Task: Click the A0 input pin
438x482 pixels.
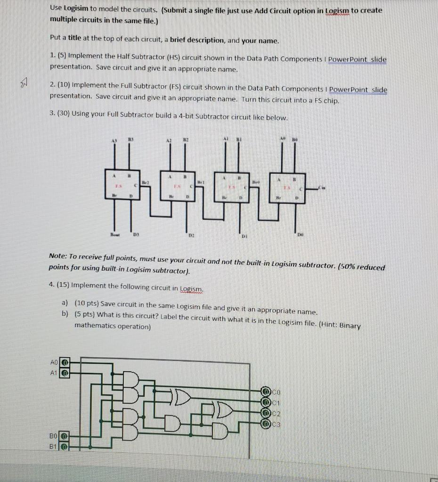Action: [65, 362]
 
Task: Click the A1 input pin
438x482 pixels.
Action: [65, 372]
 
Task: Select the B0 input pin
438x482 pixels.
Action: [65, 436]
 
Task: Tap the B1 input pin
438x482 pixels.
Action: [65, 446]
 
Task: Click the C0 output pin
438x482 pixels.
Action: [267, 391]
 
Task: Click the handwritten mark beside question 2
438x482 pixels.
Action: [24, 84]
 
